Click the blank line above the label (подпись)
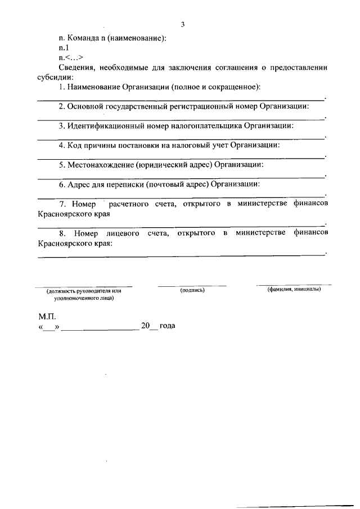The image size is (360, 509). pyautogui.click(x=192, y=286)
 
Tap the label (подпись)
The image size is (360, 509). pyautogui.click(x=192, y=291)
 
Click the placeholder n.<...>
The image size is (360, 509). pyautogui.click(x=71, y=57)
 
